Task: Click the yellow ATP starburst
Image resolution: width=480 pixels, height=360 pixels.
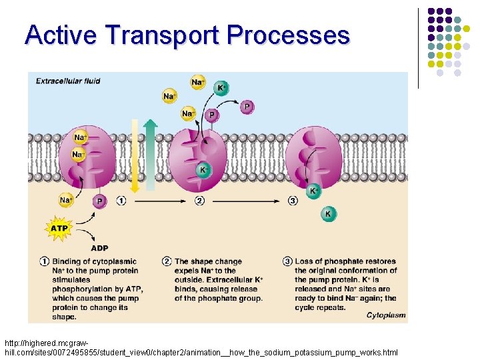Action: pyautogui.click(x=59, y=229)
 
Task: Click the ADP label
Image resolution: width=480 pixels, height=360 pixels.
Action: pyautogui.click(x=99, y=248)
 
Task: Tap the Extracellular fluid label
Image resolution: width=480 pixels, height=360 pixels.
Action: pyautogui.click(x=68, y=81)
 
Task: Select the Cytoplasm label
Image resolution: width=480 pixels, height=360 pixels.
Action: pyautogui.click(x=385, y=315)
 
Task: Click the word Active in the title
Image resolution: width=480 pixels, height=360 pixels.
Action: pyautogui.click(x=61, y=34)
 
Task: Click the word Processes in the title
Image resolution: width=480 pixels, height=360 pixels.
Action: pyautogui.click(x=288, y=34)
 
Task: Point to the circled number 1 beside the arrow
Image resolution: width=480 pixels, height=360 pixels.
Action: pyautogui.click(x=121, y=200)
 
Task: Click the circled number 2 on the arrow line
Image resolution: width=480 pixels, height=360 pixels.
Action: pyautogui.click(x=199, y=200)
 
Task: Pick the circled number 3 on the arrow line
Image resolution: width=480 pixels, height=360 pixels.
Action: pyautogui.click(x=293, y=200)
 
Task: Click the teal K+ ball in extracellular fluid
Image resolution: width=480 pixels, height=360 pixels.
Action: pyautogui.click(x=220, y=88)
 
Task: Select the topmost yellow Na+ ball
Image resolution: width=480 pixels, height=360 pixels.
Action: pyautogui.click(x=197, y=83)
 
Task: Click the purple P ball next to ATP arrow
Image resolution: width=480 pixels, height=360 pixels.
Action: pyautogui.click(x=99, y=200)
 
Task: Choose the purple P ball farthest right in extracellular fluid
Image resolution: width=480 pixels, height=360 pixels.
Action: pyautogui.click(x=247, y=106)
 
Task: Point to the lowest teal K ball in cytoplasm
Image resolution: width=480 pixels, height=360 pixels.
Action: pyautogui.click(x=328, y=214)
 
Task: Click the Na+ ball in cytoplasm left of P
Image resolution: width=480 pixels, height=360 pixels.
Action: pyautogui.click(x=66, y=200)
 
